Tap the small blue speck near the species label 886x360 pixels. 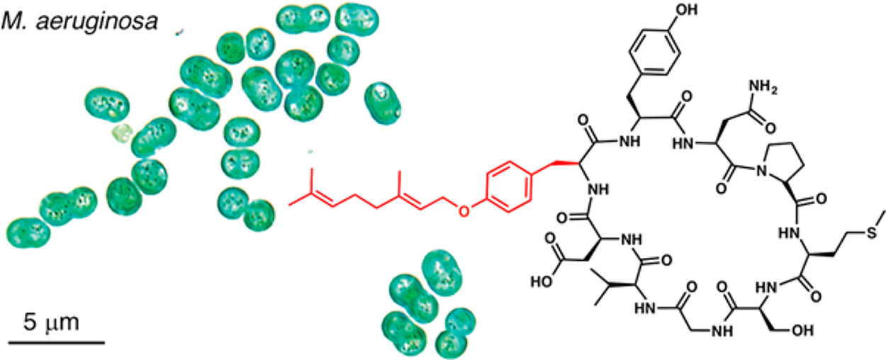182,31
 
